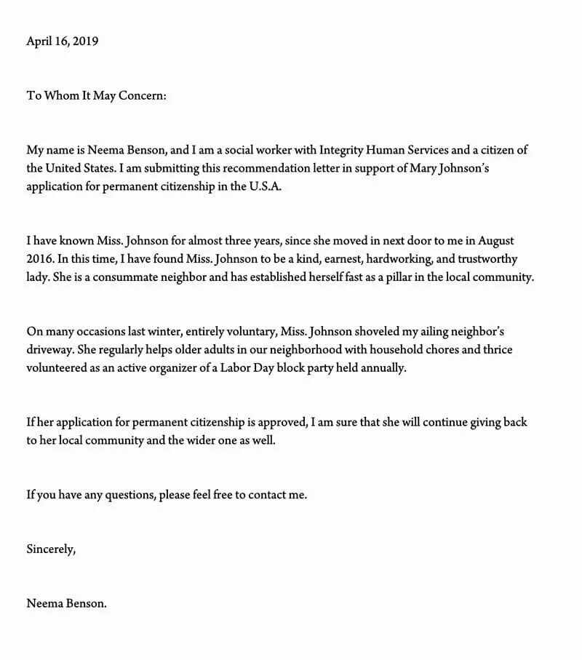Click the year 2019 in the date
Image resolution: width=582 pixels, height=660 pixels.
85,41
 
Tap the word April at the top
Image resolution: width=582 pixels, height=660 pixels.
41,41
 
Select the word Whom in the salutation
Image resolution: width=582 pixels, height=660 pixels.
58,95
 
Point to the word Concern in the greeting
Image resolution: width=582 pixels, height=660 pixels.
143,95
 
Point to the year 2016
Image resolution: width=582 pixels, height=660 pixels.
39,258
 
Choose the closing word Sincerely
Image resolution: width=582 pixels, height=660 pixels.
50,549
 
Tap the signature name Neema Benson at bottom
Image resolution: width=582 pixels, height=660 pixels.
66,603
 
